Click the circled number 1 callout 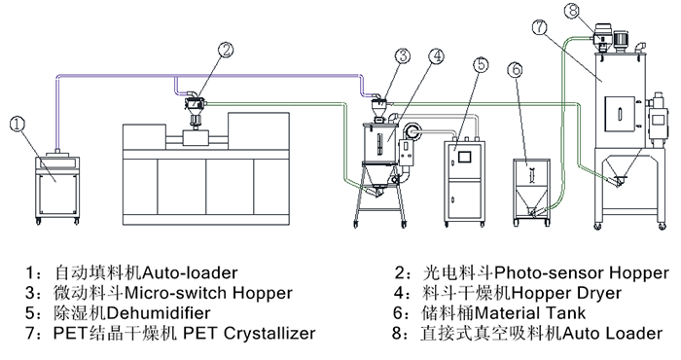18,124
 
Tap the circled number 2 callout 226,50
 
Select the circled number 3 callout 403,55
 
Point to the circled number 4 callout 437,55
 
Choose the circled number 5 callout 481,64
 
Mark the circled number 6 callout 515,69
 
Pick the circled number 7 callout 539,27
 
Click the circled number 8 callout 573,11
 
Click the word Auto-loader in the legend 191,272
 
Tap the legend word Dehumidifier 159,312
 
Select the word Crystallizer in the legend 269,333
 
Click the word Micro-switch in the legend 176,293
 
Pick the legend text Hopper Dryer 567,293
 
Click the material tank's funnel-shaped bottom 531,200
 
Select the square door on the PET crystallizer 621,113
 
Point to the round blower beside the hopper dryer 411,131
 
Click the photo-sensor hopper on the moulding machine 195,104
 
